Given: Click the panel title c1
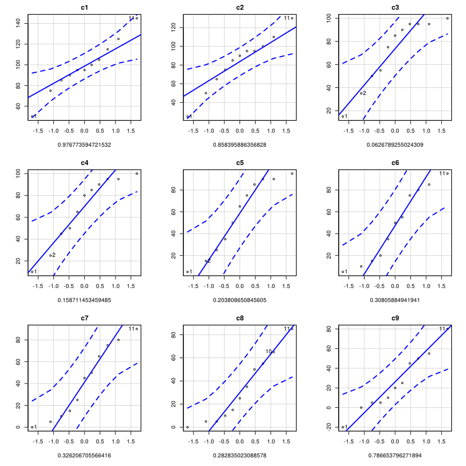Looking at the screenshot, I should [85, 8].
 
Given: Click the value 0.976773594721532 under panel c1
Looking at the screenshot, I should [85, 145].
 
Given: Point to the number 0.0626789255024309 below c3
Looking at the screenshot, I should [395, 145].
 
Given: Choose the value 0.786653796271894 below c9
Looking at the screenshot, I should [395, 455].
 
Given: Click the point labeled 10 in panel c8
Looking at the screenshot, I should [273, 352].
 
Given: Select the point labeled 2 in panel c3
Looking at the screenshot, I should [361, 93].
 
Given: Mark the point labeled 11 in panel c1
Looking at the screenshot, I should [136, 18].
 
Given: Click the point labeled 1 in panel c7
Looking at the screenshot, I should [32, 427].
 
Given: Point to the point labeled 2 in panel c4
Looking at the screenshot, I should [51, 255].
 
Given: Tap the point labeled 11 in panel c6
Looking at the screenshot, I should [447, 174].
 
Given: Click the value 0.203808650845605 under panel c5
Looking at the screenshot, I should [240, 300].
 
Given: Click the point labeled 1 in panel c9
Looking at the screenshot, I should [343, 427].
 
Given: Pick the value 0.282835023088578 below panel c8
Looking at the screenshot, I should [240, 455].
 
